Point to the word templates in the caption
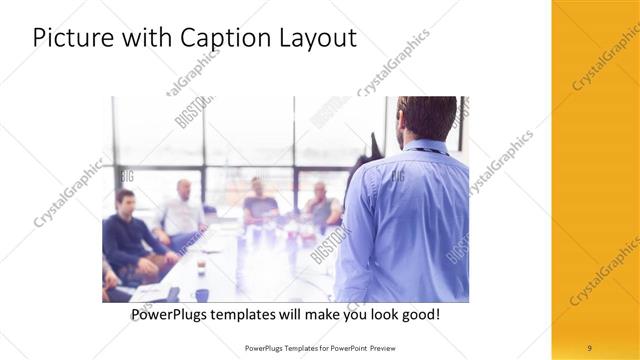pos(250,314)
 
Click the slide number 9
pos(589,347)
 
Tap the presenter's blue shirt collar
pos(421,147)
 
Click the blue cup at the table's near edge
pos(202,295)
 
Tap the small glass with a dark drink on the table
pos(202,264)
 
